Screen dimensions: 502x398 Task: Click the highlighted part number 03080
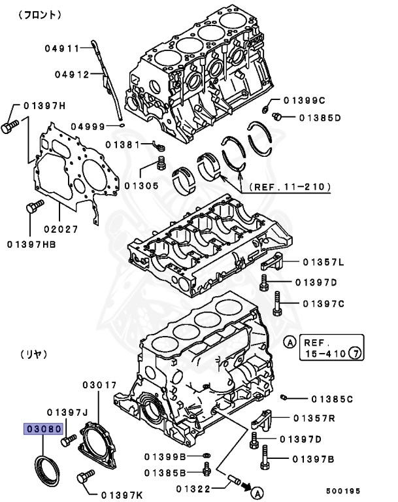pos(44,429)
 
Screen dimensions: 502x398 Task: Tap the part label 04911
pos(62,48)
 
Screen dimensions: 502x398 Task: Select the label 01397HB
pos(31,244)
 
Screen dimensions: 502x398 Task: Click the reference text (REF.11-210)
pos(288,187)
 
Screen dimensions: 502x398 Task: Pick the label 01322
pos(193,488)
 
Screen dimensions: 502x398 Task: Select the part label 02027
pos(61,229)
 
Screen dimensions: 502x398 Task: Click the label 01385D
pos(320,118)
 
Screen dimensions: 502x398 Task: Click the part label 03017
pos(99,385)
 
